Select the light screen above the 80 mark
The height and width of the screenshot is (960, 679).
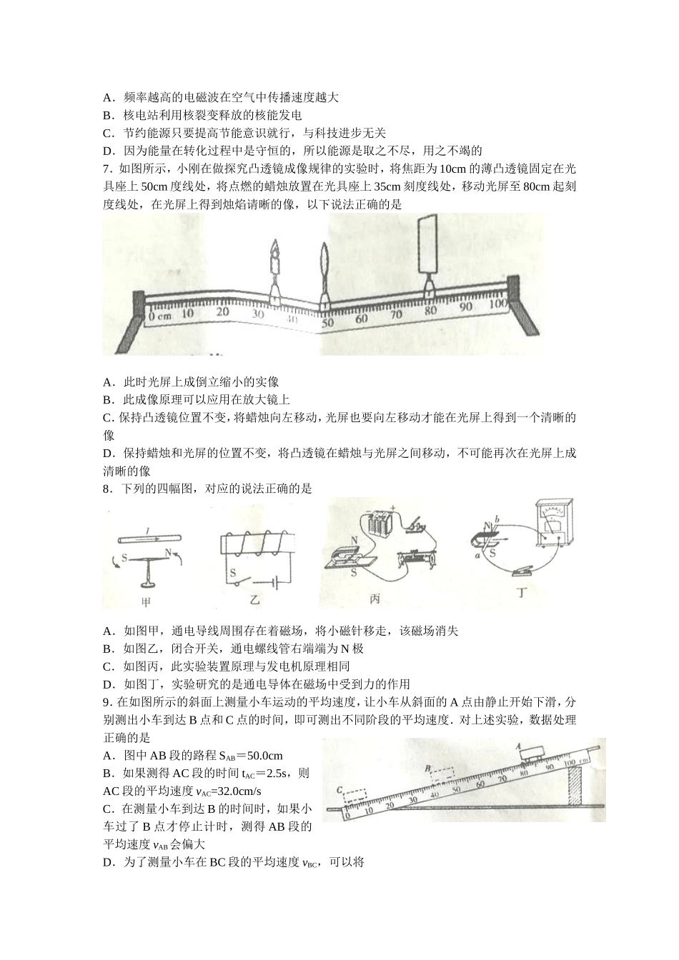click(429, 246)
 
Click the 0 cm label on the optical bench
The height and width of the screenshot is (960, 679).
click(161, 314)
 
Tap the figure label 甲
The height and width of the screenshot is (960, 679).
click(146, 602)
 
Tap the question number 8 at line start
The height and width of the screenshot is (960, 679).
click(106, 489)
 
